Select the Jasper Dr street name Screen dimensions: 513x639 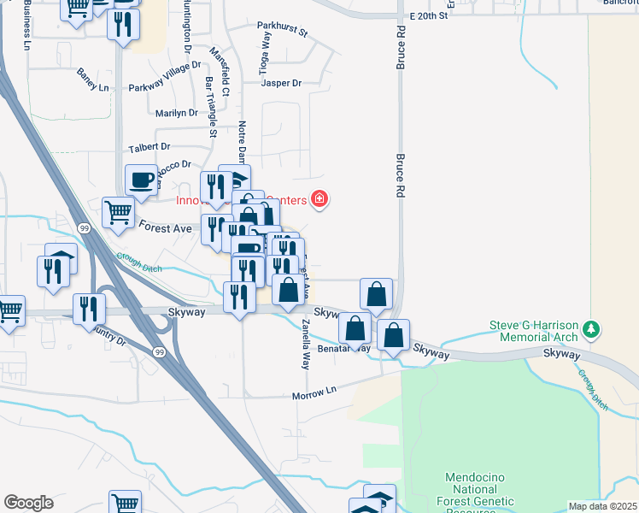click(281, 83)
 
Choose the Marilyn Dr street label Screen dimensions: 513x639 click(177, 113)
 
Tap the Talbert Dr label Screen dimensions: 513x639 click(149, 147)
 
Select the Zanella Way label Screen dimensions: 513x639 click(305, 344)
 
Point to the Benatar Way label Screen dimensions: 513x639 click(344, 349)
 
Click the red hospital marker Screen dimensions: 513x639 click(319, 199)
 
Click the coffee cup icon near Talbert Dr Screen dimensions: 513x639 click(141, 180)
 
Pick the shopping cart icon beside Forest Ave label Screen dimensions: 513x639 click(118, 211)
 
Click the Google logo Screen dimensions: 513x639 click(28, 502)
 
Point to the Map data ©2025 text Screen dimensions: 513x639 click(602, 506)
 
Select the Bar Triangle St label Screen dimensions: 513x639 click(211, 108)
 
